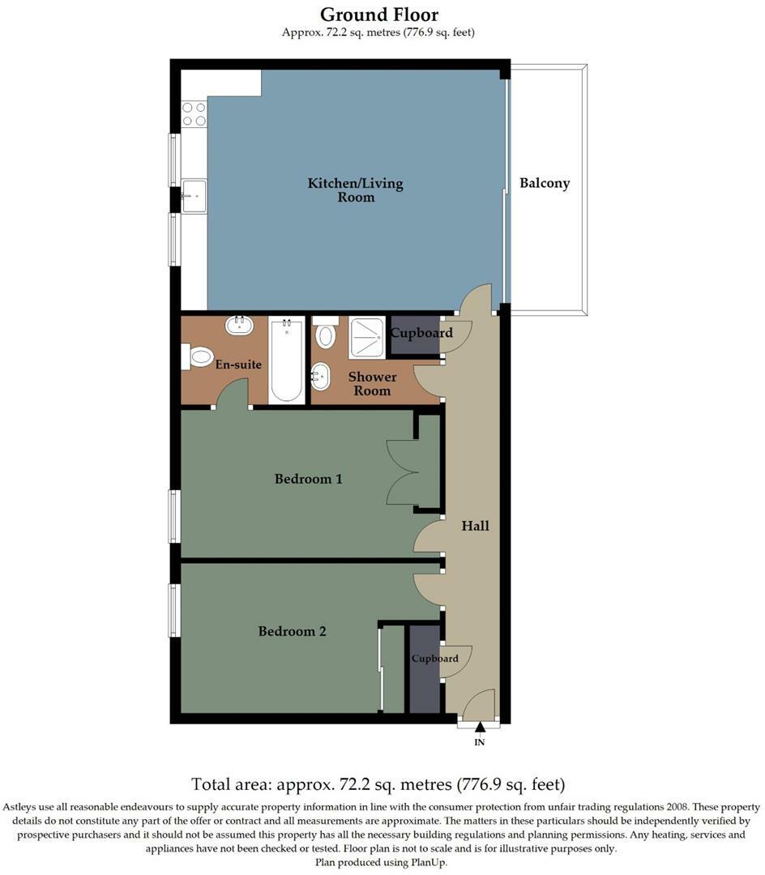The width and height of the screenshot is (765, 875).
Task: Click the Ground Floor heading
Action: pyautogui.click(x=379, y=15)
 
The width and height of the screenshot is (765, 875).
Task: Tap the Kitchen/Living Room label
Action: pyautogui.click(x=355, y=190)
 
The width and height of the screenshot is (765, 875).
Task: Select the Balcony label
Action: pyautogui.click(x=545, y=183)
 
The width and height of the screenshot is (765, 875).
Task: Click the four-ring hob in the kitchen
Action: pyautogui.click(x=194, y=113)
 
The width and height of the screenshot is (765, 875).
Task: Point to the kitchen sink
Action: pyautogui.click(x=193, y=196)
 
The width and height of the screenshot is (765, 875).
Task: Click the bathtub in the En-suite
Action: pyautogui.click(x=286, y=360)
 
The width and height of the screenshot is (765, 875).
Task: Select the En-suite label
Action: pyautogui.click(x=238, y=365)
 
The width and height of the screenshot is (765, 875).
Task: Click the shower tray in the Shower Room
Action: pyautogui.click(x=367, y=337)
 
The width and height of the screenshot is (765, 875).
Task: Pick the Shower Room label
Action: pyautogui.click(x=372, y=383)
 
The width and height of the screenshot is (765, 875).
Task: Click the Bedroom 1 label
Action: pyautogui.click(x=308, y=479)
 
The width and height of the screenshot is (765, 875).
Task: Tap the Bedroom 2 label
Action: pyautogui.click(x=292, y=631)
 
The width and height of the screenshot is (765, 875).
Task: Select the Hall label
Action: pyautogui.click(x=476, y=526)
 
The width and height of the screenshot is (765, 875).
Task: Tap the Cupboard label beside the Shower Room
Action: pyautogui.click(x=421, y=333)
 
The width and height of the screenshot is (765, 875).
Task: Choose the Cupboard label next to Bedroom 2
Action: pyautogui.click(x=434, y=659)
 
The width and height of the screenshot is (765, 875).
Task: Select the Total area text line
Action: pyautogui.click(x=378, y=784)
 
